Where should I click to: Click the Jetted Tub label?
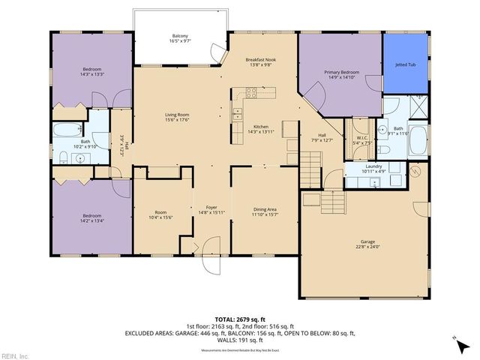406,65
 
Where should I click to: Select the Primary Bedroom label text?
341,73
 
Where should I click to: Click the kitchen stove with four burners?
251,94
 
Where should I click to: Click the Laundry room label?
371,167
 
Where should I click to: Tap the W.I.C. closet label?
362,138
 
